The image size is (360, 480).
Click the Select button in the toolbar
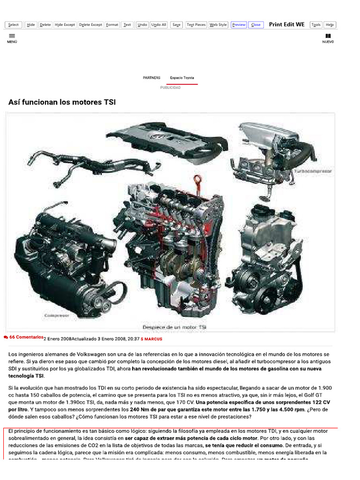(x=14, y=25)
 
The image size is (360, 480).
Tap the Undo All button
(x=159, y=25)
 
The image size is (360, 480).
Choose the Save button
(x=176, y=25)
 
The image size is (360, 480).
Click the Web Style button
(x=218, y=25)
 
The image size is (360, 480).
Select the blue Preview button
(x=239, y=25)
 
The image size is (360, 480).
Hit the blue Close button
(x=256, y=25)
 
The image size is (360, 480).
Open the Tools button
(x=316, y=25)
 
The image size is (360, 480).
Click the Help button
(x=330, y=25)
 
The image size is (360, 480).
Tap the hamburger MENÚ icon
(x=12, y=36)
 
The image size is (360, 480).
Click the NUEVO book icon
(x=328, y=36)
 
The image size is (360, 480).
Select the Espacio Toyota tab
(x=182, y=78)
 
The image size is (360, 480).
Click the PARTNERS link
(x=151, y=78)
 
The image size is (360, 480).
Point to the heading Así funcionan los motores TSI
(x=62, y=102)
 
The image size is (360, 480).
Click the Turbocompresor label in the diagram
(x=313, y=172)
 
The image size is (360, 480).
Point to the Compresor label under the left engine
(x=56, y=316)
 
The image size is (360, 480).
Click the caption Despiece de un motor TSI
(x=174, y=326)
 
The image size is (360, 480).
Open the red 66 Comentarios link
(x=26, y=337)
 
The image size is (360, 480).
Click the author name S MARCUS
(x=151, y=338)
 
